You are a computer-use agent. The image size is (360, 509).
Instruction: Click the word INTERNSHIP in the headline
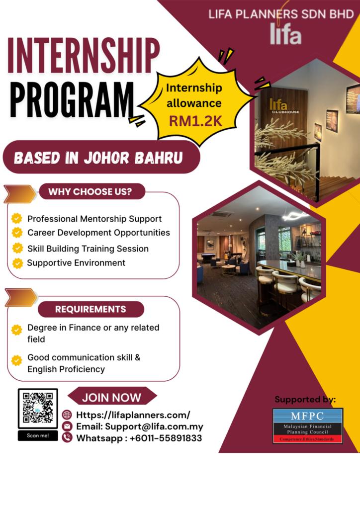(x=84, y=56)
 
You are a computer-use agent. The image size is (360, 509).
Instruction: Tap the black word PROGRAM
(x=72, y=99)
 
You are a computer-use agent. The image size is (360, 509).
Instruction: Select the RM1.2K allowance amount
(x=195, y=121)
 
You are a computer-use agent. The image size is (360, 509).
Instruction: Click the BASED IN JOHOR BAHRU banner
(x=101, y=157)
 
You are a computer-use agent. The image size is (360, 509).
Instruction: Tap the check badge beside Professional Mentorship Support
(x=17, y=219)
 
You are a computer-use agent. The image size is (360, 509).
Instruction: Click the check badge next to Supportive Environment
(x=17, y=263)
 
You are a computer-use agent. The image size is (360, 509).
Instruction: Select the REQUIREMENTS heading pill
(x=91, y=309)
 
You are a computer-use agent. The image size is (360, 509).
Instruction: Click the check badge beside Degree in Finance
(x=16, y=330)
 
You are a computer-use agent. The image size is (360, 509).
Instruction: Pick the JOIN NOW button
(x=112, y=397)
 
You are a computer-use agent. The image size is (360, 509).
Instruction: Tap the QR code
(x=38, y=408)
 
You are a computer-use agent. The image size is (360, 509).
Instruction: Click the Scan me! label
(x=38, y=435)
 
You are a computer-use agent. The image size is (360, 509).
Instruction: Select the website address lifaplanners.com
(x=133, y=415)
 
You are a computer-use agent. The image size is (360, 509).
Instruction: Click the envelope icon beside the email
(x=67, y=426)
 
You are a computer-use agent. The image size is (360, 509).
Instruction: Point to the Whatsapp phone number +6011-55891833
(x=166, y=438)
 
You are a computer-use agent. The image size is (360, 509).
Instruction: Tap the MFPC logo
(x=307, y=425)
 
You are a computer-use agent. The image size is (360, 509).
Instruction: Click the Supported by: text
(x=305, y=400)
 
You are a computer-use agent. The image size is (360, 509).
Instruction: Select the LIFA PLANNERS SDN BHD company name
(x=281, y=14)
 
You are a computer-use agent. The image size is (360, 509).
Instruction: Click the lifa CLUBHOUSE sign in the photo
(x=283, y=106)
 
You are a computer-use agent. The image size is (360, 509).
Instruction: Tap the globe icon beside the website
(x=67, y=415)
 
